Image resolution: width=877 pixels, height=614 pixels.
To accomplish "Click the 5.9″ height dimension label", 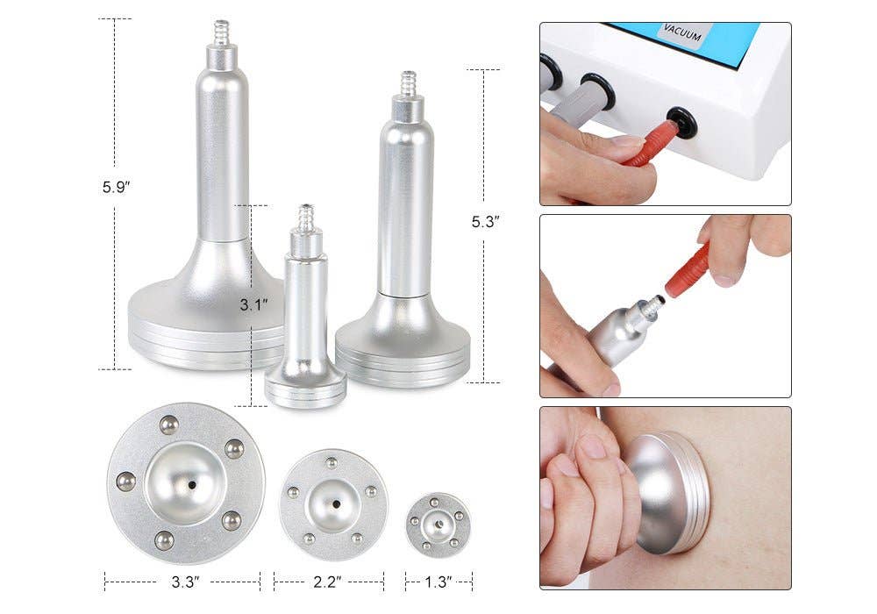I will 116,187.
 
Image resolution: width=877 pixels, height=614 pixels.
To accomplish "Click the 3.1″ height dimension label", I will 253,305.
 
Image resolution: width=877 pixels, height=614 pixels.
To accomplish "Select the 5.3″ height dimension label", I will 485,222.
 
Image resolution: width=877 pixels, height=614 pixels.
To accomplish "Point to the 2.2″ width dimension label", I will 328,580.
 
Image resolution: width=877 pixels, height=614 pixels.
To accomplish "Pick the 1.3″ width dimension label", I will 438,580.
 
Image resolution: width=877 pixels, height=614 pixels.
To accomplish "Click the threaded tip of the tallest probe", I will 222,32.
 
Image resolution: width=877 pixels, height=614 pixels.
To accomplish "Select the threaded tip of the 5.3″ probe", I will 409,84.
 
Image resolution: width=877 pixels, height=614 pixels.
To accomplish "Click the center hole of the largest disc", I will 191,484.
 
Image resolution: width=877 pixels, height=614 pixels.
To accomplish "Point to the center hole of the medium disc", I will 334,505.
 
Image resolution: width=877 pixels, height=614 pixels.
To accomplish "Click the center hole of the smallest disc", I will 438,525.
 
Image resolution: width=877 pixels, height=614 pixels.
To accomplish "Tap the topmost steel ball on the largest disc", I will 169,425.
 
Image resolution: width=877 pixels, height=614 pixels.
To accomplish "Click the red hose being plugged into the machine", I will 650,144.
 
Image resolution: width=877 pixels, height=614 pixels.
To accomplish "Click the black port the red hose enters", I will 682,122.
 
